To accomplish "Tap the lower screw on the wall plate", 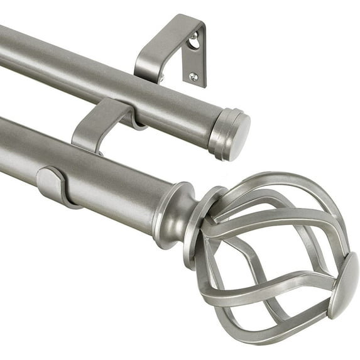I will point(194,77).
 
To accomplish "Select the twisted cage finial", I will point(276,251).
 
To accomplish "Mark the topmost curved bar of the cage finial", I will point(276,179).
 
